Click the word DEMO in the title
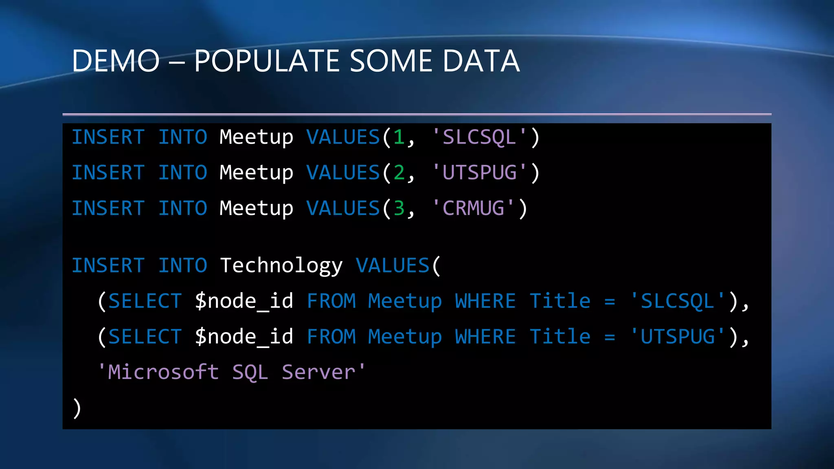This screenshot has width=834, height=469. (116, 61)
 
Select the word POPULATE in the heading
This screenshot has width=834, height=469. (267, 61)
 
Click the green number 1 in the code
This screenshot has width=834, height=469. (399, 137)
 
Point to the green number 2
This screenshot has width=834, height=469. (399, 173)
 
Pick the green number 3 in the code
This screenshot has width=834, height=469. (399, 208)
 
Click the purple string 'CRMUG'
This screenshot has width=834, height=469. (473, 208)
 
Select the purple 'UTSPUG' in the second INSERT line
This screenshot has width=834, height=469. (479, 173)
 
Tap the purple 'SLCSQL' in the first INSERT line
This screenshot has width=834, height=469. (479, 137)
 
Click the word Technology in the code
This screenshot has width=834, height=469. (281, 266)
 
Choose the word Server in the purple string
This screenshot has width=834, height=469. (318, 372)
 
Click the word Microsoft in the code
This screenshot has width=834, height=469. (163, 372)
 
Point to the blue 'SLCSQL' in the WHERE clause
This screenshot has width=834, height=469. (677, 301)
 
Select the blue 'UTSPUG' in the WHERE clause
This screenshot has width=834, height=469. (677, 337)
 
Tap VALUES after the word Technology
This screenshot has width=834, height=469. (393, 266)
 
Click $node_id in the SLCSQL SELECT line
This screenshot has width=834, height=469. (244, 301)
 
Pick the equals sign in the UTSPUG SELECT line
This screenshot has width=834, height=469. (610, 337)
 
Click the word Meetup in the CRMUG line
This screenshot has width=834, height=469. (256, 208)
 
